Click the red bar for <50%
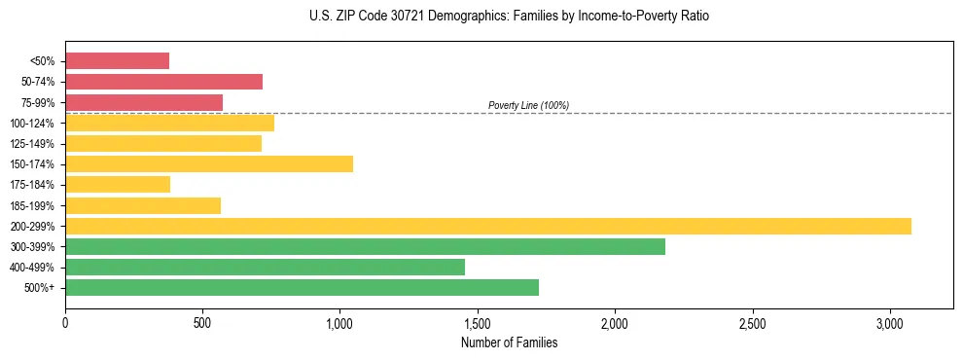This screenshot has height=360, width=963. pos(117,61)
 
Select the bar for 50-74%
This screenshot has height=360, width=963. pos(163,82)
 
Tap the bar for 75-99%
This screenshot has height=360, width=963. pos(144,102)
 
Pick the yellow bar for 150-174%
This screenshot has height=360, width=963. pos(209,163)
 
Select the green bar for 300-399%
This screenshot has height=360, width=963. pos(365,246)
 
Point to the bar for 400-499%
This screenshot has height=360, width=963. pos(265,267)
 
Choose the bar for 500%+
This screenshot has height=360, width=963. pos(302,287)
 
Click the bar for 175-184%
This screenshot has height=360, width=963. pos(118,184)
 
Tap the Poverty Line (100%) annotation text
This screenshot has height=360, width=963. pos(528,105)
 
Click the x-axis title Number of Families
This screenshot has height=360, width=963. pos(509,342)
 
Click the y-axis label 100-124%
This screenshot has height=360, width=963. pos(32,124)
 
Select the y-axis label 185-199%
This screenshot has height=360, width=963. pos(32,205)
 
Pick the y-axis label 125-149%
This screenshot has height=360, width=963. pos(32,144)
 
